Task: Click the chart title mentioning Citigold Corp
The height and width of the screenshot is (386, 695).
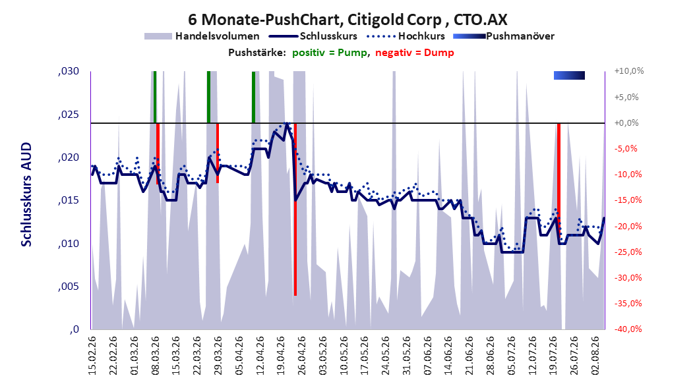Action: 347,20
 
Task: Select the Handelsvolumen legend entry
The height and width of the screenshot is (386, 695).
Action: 202,36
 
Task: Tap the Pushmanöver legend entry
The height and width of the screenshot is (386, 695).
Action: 504,36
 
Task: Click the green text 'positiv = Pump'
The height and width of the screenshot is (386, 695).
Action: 330,53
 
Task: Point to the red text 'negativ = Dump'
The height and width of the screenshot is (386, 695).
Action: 415,53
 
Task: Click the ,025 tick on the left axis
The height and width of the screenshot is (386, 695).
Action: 69,115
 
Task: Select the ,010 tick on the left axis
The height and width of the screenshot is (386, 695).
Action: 69,244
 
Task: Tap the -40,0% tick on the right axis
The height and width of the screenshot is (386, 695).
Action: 628,329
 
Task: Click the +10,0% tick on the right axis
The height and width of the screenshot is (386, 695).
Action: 629,71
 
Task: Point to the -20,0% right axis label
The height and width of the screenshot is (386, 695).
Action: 628,226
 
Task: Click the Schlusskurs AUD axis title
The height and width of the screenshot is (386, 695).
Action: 26,194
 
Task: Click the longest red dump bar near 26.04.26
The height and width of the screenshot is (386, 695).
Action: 295,209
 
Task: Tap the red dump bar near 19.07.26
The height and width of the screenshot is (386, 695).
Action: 559,182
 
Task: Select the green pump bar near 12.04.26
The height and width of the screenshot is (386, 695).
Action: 253,97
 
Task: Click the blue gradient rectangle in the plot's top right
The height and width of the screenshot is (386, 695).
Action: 569,76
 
